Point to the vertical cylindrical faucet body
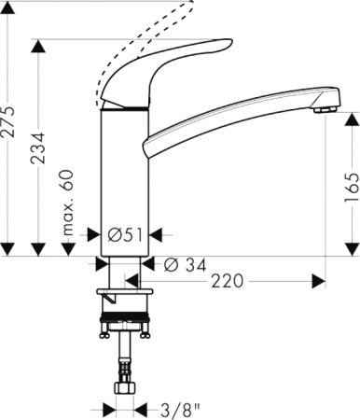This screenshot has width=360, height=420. pos(124,168)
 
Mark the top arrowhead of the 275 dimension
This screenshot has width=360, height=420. pos(8,7)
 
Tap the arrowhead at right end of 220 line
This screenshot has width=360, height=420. pos(319,280)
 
